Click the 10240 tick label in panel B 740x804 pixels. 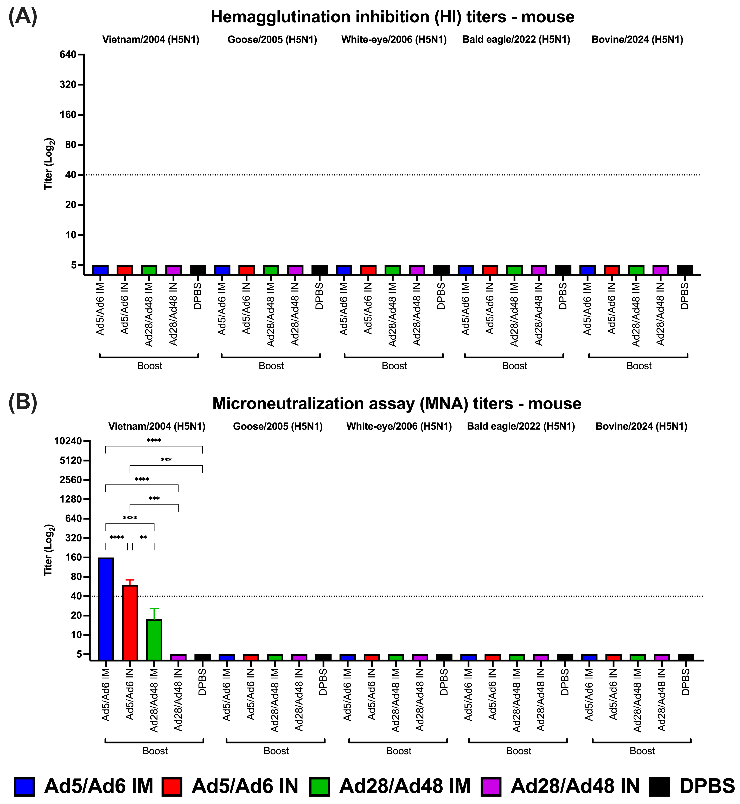click(68, 441)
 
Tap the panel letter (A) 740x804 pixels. click(23, 17)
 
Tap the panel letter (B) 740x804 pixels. click(23, 403)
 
